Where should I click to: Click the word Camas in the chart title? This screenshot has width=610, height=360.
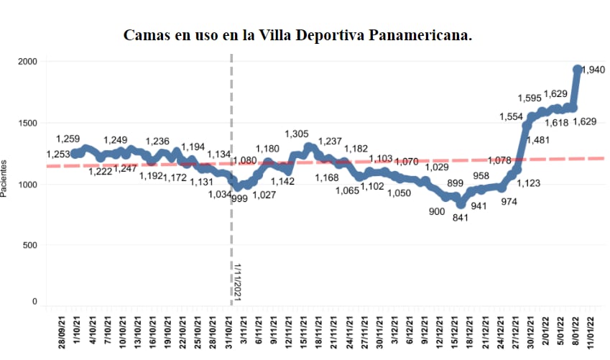click(149, 35)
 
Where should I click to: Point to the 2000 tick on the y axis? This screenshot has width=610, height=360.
click(27, 62)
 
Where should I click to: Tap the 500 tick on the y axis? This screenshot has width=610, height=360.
click(29, 245)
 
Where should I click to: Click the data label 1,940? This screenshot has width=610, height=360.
click(593, 70)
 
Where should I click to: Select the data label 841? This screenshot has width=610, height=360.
click(461, 218)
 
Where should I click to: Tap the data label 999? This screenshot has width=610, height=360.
click(239, 198)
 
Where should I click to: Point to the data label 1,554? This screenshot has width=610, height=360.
click(512, 116)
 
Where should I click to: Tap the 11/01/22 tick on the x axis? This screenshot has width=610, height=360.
click(591, 330)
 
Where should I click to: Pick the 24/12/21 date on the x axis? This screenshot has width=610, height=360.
click(502, 330)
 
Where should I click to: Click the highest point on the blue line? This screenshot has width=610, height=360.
click(577, 70)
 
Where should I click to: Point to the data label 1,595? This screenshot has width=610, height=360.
click(531, 98)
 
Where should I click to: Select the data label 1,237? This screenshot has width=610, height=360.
click(331, 141)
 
